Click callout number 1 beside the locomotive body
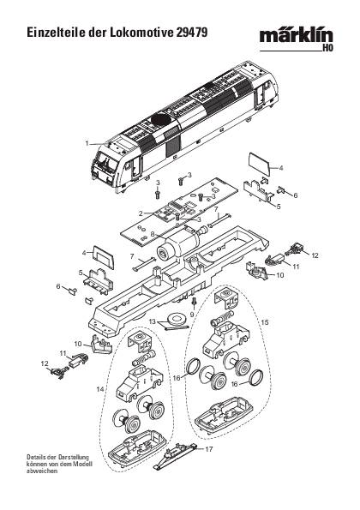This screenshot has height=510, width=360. pos(87,143)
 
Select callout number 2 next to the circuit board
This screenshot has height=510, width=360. pos(140,213)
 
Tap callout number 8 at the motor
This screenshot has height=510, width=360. pos(153,233)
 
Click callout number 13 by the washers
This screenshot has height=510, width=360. pos(152,321)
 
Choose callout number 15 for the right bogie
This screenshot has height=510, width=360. pos(265,321)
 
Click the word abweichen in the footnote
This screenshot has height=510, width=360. pos(43,475)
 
